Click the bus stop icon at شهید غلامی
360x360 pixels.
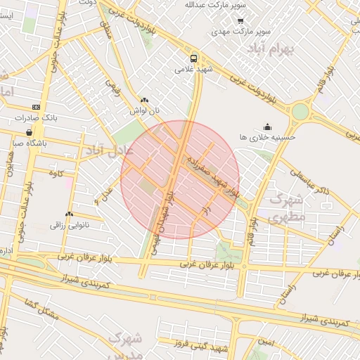pyautogui.click(x=193, y=58)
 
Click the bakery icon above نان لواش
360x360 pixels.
pyautogui.click(x=145, y=101)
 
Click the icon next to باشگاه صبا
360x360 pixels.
pyautogui.click(x=28, y=131)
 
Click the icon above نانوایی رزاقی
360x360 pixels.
pyautogui.click(x=69, y=214)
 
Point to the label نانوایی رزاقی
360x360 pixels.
pyautogui.click(x=67, y=225)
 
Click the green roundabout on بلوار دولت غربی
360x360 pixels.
pyautogui.click(x=300, y=111)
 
